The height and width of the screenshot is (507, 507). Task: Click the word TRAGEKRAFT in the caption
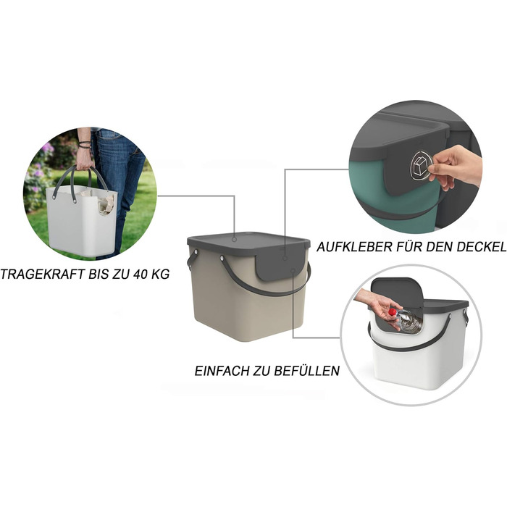(42, 275)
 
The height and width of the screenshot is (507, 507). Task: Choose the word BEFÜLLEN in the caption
(307, 370)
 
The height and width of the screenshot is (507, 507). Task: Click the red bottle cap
(392, 312)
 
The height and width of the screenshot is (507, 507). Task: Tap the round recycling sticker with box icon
(421, 166)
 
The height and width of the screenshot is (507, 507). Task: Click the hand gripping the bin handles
(84, 159)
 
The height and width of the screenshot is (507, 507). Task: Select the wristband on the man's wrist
(85, 144)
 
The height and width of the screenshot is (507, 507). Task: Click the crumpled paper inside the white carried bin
(106, 203)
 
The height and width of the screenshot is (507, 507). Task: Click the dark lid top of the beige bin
(248, 241)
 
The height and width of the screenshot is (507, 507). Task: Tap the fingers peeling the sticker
(453, 168)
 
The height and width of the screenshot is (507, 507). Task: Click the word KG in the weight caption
(160, 275)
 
